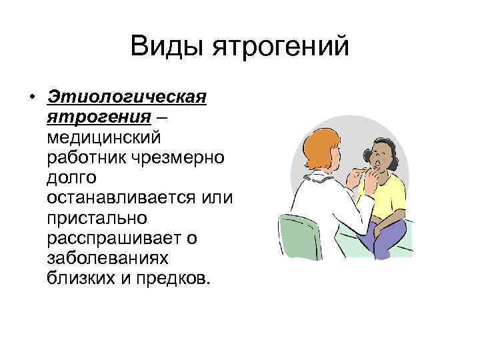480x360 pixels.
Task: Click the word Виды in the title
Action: (x=167, y=47)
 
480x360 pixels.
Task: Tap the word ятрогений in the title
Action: (x=280, y=47)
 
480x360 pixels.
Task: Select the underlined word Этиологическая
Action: (x=127, y=98)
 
